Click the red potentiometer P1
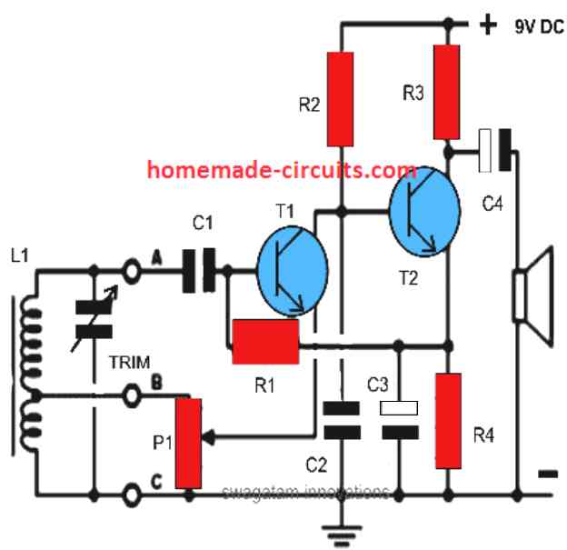pos(188,442)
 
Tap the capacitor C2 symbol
pos(340,420)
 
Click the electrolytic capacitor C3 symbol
pos(395,420)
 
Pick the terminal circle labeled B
pos(134,394)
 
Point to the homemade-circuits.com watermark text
pos(282,170)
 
